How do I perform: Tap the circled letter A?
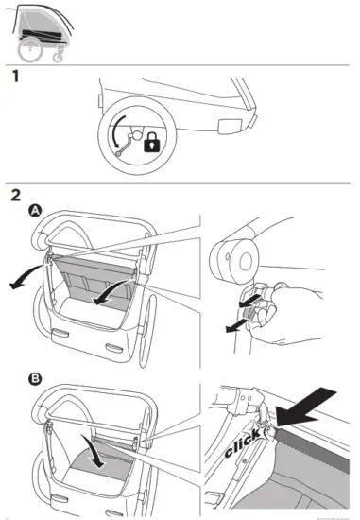35,211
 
